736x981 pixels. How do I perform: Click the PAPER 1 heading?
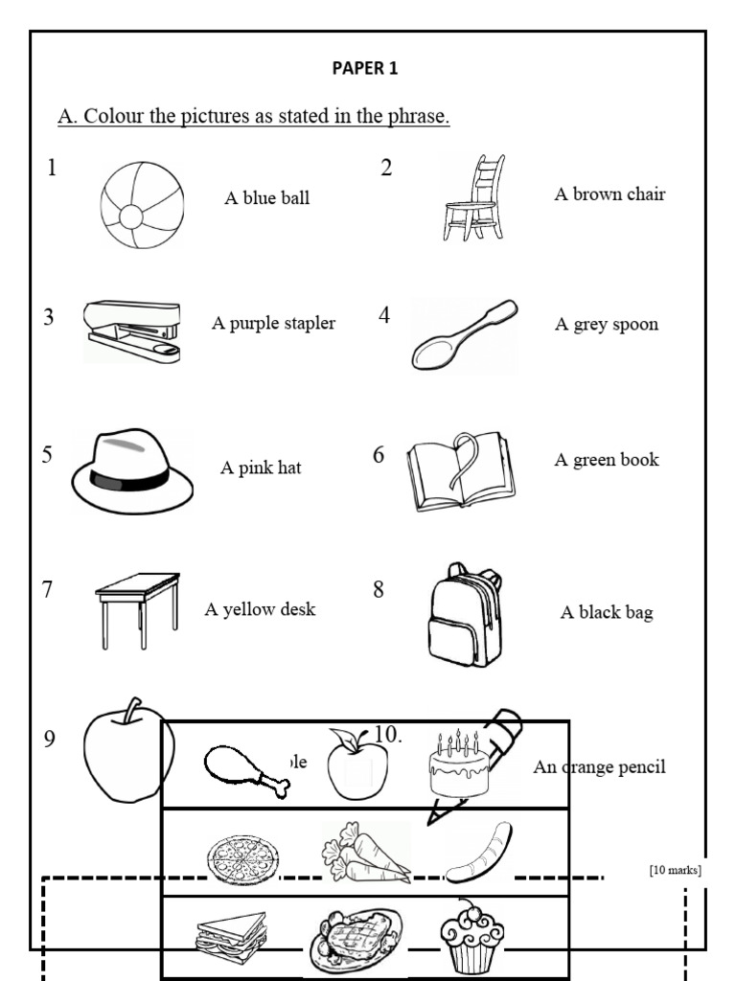pyautogui.click(x=364, y=68)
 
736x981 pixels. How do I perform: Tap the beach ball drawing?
pyautogui.click(x=142, y=205)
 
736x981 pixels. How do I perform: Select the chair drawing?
pyautogui.click(x=474, y=198)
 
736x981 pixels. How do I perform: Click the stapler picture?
pyautogui.click(x=132, y=330)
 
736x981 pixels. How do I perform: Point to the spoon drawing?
pyautogui.click(x=464, y=335)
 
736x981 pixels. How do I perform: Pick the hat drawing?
pyautogui.click(x=131, y=470)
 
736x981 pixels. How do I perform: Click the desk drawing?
pyautogui.click(x=138, y=609)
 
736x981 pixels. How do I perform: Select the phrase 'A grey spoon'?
pyautogui.click(x=606, y=324)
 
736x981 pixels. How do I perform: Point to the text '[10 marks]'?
pyautogui.click(x=675, y=870)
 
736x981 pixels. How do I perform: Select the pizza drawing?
pyautogui.click(x=243, y=855)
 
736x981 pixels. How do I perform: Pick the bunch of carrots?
pyautogui.click(x=364, y=852)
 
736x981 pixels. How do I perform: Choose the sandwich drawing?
pyautogui.click(x=231, y=933)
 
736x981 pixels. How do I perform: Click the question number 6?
pyautogui.click(x=379, y=455)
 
